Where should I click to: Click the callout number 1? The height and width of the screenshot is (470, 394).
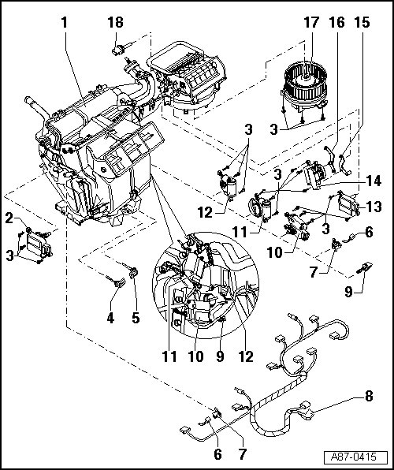(x=65, y=23)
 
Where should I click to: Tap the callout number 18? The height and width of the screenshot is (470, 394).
(x=115, y=23)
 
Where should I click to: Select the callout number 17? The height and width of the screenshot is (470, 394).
(x=311, y=23)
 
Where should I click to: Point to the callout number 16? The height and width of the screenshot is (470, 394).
(x=336, y=23)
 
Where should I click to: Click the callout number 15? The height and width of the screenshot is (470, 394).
(x=362, y=23)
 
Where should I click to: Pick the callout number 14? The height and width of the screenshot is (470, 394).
(x=373, y=181)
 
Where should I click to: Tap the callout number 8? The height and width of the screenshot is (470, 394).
(x=369, y=396)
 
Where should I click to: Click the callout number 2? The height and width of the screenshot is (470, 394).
(x=9, y=218)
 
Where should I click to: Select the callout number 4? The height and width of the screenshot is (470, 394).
(x=110, y=318)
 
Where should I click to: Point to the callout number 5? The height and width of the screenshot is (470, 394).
(x=136, y=318)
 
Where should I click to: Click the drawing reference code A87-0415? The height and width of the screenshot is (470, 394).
(x=353, y=457)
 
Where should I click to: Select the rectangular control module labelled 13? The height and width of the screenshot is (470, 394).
(x=348, y=203)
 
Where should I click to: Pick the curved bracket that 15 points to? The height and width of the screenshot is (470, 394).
(x=344, y=164)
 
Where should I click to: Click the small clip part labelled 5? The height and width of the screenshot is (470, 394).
(x=132, y=271)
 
